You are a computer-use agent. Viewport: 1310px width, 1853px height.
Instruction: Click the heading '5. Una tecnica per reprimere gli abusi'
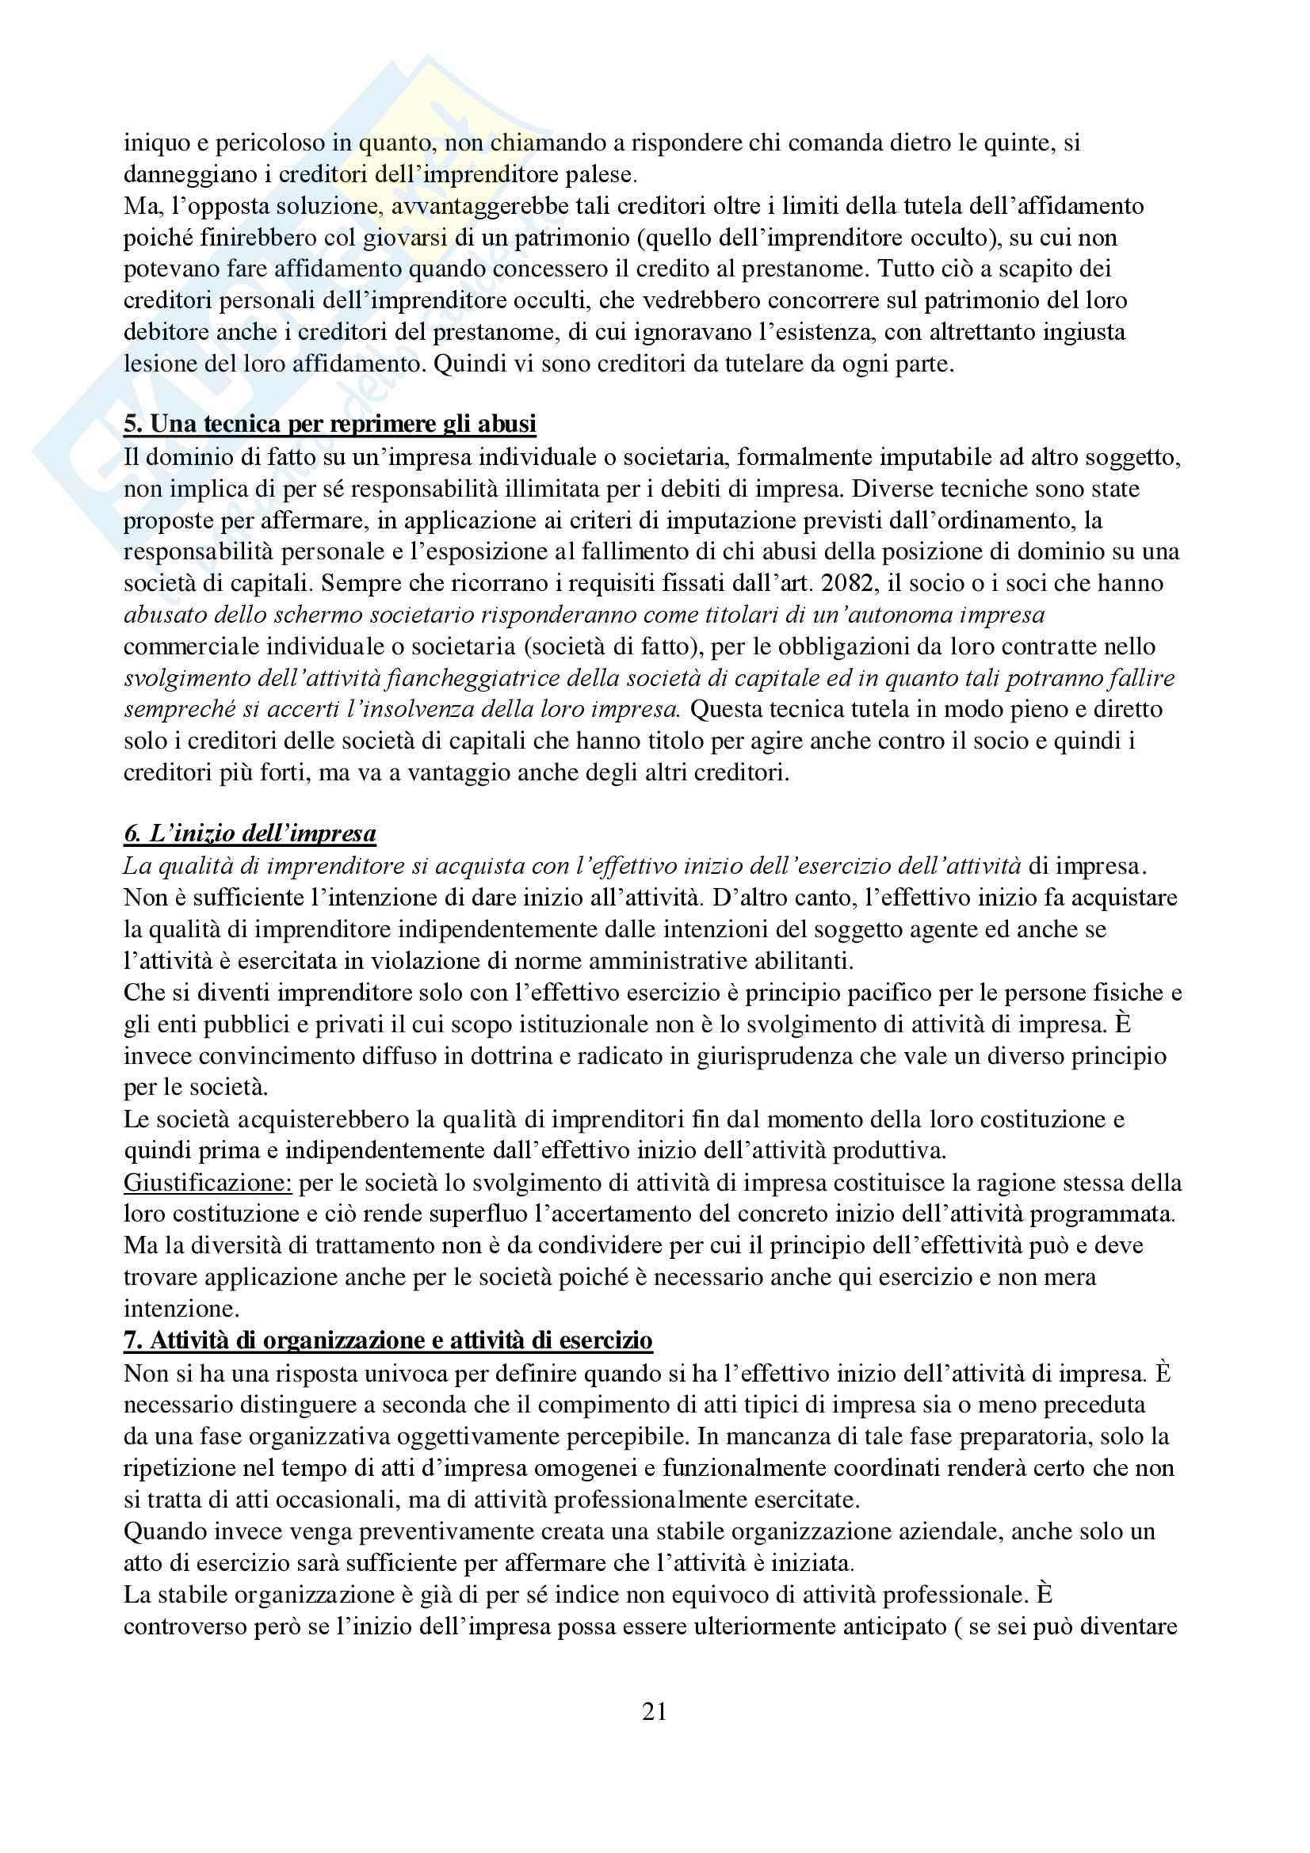coord(330,424)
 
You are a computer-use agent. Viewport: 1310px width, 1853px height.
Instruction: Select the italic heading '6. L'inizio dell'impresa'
coord(250,833)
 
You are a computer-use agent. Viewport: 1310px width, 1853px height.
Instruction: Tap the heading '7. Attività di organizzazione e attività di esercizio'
coord(388,1340)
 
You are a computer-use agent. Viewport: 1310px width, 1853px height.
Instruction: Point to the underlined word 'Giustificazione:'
coord(208,1182)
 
